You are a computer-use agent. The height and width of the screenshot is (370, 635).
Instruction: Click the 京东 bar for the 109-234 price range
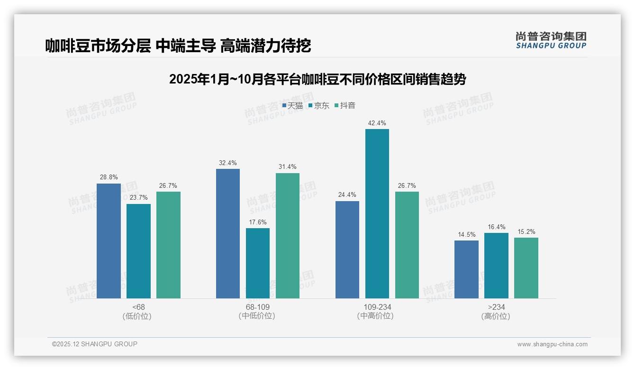tap(377, 213)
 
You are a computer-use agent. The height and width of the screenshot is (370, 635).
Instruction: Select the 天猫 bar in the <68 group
tap(109, 241)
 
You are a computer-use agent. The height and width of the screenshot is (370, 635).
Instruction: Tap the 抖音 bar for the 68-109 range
tap(288, 236)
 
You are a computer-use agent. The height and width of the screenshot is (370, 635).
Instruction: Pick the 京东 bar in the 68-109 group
tap(258, 263)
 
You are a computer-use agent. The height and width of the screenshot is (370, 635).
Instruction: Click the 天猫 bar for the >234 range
tap(466, 269)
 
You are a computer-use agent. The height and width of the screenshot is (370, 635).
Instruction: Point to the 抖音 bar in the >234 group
tap(526, 268)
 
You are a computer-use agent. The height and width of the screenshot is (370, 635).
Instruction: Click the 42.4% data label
tap(377, 123)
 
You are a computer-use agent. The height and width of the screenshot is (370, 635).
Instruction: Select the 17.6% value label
tap(258, 222)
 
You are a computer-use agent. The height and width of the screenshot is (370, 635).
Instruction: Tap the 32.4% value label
tap(228, 163)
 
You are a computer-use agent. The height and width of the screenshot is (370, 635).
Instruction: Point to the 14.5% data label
tap(466, 235)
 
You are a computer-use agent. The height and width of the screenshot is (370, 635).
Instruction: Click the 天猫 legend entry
tap(292, 106)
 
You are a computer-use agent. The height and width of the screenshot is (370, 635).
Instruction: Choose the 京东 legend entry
tap(319, 106)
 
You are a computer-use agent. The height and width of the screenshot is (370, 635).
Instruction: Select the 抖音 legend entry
tap(345, 106)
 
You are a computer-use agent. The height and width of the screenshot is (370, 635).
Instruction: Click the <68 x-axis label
tap(139, 307)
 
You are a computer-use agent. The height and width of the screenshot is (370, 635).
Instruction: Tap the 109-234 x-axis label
tap(377, 307)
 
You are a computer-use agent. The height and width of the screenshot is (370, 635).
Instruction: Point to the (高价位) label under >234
tap(496, 316)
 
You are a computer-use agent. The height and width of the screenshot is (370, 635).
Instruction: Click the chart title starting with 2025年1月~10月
tap(317, 79)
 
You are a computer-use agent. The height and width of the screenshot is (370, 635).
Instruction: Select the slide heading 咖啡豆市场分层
tap(178, 46)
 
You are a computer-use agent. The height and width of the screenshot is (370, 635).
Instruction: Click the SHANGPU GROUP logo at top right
tap(551, 40)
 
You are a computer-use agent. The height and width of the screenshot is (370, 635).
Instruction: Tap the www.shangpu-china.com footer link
tap(552, 344)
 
